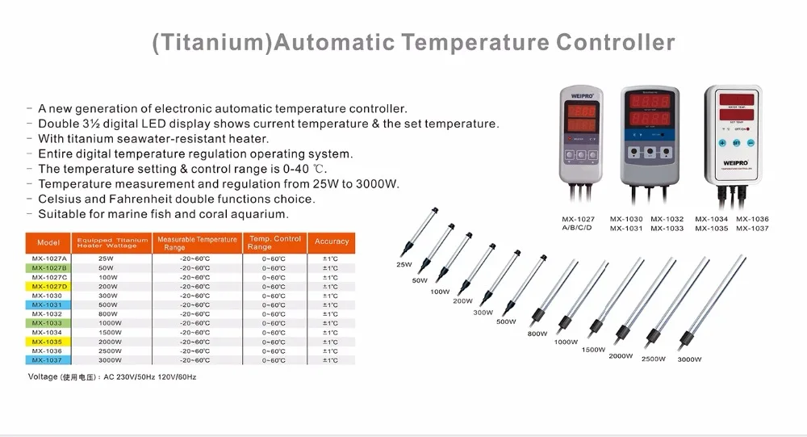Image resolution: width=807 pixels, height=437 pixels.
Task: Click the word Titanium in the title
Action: coord(211,42)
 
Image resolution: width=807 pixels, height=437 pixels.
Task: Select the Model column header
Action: coord(48,242)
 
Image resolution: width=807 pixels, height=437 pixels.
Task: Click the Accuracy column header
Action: coord(332,242)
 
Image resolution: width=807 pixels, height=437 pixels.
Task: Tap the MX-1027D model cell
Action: coord(48,286)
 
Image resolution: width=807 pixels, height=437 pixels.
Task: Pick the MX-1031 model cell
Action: coord(48,305)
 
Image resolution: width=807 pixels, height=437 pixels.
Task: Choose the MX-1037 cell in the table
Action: coord(48,359)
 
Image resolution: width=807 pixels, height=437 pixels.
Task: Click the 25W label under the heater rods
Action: coord(403,265)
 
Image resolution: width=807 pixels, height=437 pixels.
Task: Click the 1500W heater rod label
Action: coord(593,349)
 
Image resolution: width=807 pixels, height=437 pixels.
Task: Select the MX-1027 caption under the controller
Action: coord(578,219)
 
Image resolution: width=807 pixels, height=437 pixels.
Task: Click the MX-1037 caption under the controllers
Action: coord(752,229)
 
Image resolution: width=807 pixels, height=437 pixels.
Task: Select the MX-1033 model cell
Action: coord(48,323)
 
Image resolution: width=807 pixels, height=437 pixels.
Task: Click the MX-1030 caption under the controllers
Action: coord(625,219)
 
